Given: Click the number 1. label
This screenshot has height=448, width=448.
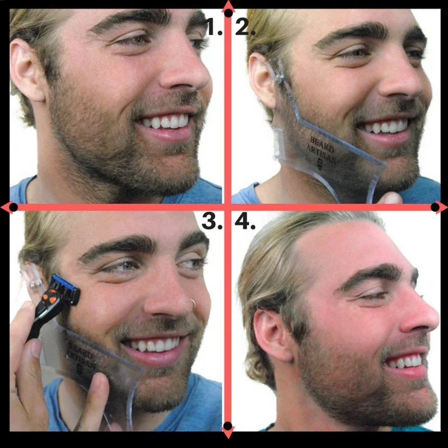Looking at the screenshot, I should point(213,26).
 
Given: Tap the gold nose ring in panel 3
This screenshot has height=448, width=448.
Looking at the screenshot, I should point(193,304).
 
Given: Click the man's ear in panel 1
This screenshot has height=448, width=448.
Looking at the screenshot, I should point(25,70).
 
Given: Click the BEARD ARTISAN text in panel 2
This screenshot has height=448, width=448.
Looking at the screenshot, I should point(320,150).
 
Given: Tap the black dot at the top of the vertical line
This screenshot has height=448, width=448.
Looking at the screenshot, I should point(228,12).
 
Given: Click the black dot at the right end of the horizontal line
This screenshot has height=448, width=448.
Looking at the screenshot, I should point(435,207).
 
